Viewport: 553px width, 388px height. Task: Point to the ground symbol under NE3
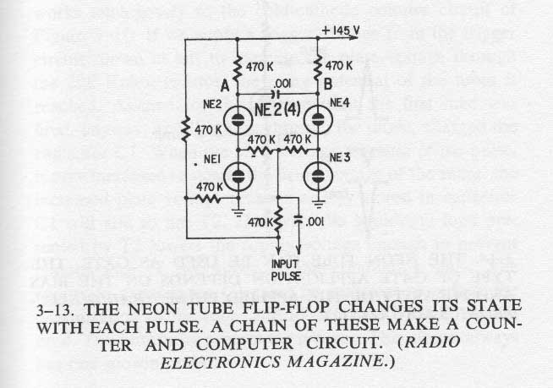click(318, 203)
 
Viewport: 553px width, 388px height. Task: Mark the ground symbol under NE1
click(237, 203)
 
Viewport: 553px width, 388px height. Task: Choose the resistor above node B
click(318, 63)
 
